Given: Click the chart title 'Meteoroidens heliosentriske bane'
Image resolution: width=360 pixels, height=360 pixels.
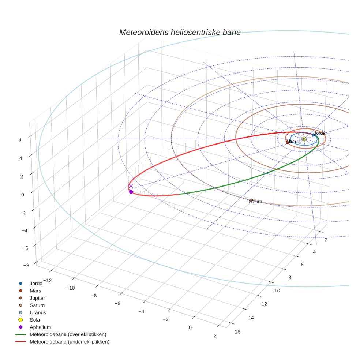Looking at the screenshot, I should pyautogui.click(x=180, y=32).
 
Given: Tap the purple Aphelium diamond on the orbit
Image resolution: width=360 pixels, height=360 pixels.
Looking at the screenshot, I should pyautogui.click(x=131, y=192).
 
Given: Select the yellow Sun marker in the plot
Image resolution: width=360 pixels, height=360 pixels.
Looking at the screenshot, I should pyautogui.click(x=304, y=139).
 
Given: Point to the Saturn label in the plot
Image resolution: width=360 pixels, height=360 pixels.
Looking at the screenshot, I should pyautogui.click(x=255, y=202).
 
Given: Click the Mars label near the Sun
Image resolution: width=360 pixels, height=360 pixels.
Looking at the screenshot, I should pyautogui.click(x=292, y=141).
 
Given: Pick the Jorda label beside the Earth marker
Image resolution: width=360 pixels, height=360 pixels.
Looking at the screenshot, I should pyautogui.click(x=320, y=133).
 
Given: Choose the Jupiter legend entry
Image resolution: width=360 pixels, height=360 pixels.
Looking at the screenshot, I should pyautogui.click(x=37, y=298).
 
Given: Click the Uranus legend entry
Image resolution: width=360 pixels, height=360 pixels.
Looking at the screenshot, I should pyautogui.click(x=38, y=312).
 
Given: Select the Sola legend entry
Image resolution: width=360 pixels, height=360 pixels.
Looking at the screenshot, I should pyautogui.click(x=35, y=320).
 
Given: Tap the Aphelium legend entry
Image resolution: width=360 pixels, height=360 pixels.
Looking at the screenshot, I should pyautogui.click(x=40, y=327).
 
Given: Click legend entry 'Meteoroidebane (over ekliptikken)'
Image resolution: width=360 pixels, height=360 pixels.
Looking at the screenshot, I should pyautogui.click(x=68, y=334).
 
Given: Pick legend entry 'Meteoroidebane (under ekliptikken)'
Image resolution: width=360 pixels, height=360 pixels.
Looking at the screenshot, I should pyautogui.click(x=70, y=342).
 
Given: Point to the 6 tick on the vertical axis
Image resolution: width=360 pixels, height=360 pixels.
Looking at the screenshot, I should pyautogui.click(x=19, y=139).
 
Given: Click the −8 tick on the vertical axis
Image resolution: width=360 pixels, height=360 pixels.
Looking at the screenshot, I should pyautogui.click(x=26, y=266).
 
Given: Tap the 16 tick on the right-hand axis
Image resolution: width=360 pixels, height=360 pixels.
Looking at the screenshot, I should pyautogui.click(x=237, y=332).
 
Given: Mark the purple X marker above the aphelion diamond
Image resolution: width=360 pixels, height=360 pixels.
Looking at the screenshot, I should pyautogui.click(x=131, y=186).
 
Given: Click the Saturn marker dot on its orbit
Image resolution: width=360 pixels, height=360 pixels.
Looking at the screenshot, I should pyautogui.click(x=251, y=200).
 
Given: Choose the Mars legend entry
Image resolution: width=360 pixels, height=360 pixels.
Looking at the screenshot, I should pyautogui.click(x=35, y=290).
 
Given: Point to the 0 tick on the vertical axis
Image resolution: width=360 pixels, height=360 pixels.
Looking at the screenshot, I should pyautogui.click(x=23, y=195).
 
